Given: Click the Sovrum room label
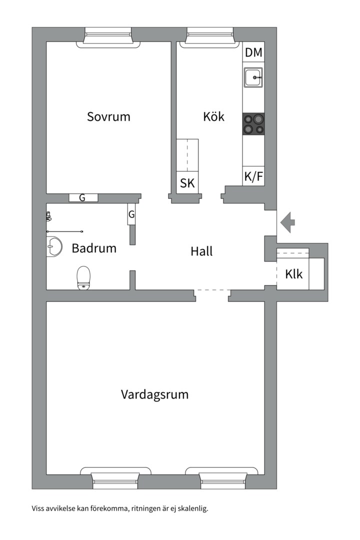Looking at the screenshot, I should [x=108, y=116].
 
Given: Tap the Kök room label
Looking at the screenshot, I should [x=213, y=116].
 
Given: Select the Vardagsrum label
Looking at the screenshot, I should [x=154, y=394].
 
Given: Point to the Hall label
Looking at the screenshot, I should [x=201, y=251].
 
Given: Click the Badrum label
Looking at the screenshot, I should [x=94, y=248].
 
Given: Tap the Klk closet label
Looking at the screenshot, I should [x=293, y=274].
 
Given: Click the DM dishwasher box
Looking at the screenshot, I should [x=253, y=52].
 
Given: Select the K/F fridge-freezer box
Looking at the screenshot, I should [x=253, y=176].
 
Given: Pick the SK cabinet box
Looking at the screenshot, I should [x=187, y=183].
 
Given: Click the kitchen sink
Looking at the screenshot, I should [x=253, y=77].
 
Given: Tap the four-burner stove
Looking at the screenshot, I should [x=253, y=124].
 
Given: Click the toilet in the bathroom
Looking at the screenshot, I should [x=83, y=277].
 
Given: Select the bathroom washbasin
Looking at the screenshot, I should [x=53, y=246].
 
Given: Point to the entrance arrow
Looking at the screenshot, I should [x=287, y=222].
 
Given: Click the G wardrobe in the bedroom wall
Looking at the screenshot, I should [x=83, y=197].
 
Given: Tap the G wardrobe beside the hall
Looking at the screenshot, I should [x=131, y=214].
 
